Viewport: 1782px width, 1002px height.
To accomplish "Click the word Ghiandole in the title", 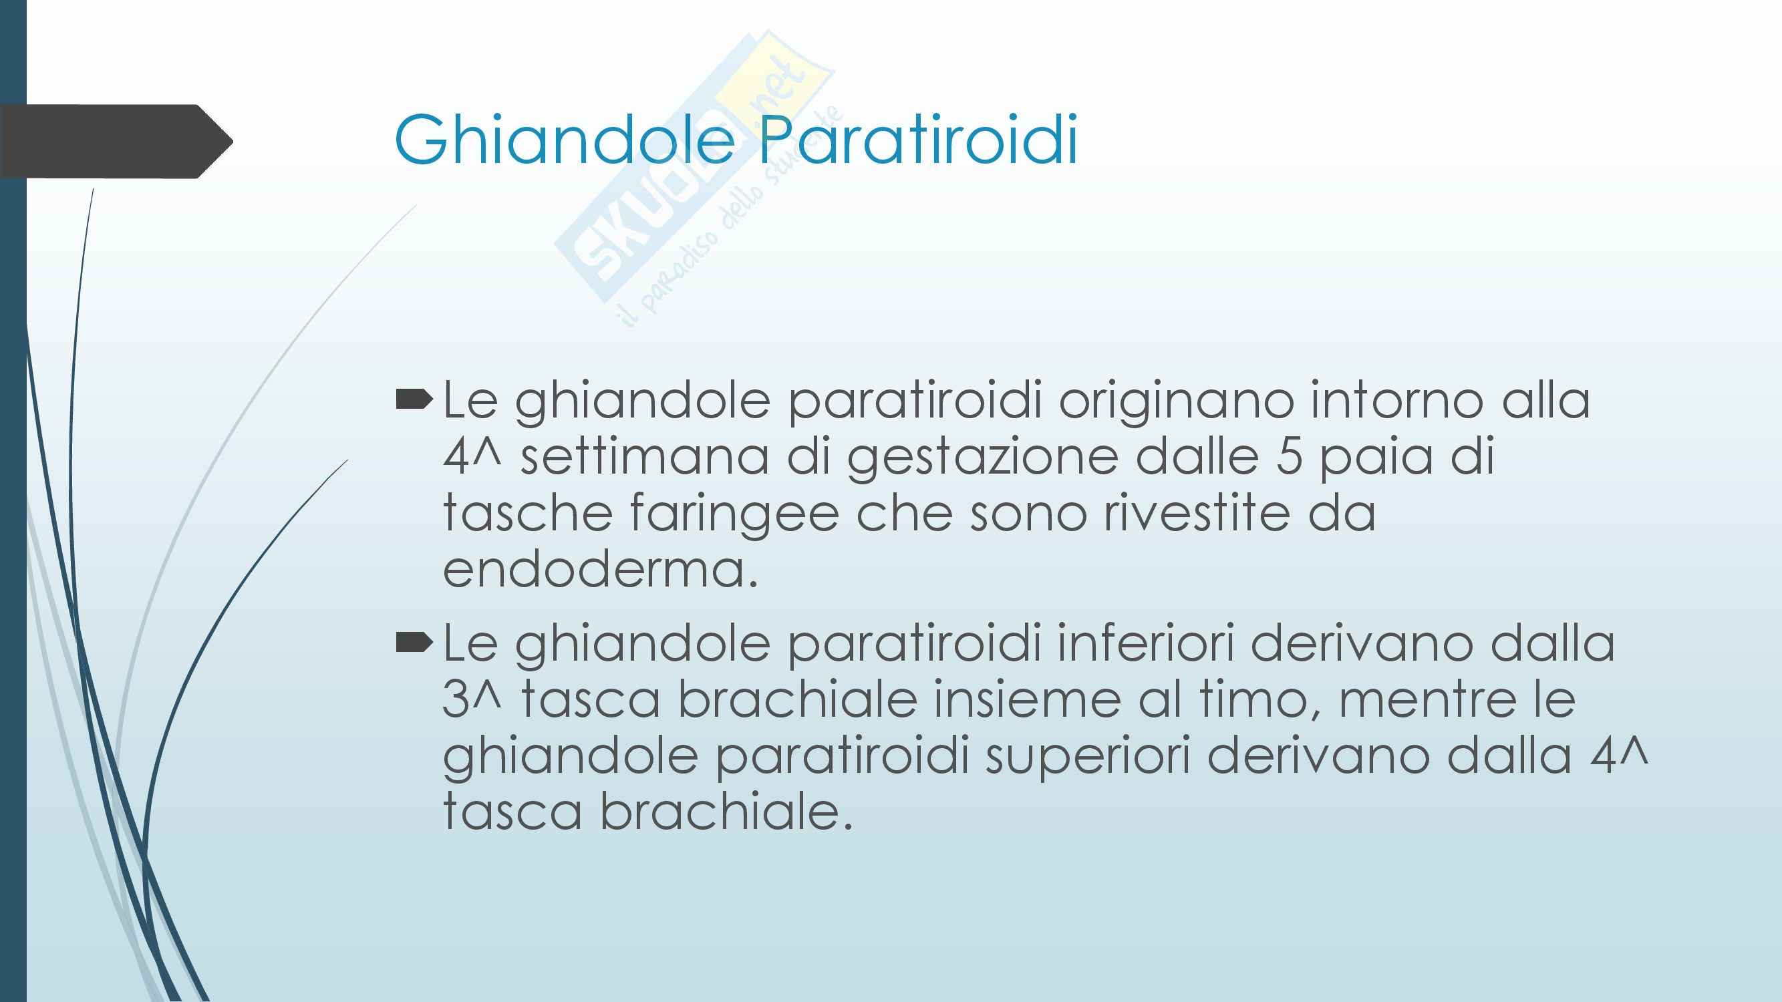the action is point(565,140).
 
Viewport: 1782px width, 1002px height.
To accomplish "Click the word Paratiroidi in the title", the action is point(918,139).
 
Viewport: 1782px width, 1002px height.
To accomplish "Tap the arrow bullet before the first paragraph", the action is point(414,400).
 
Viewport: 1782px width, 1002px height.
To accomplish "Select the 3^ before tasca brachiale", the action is point(471,700).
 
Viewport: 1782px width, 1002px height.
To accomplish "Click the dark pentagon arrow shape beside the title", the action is point(116,142).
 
